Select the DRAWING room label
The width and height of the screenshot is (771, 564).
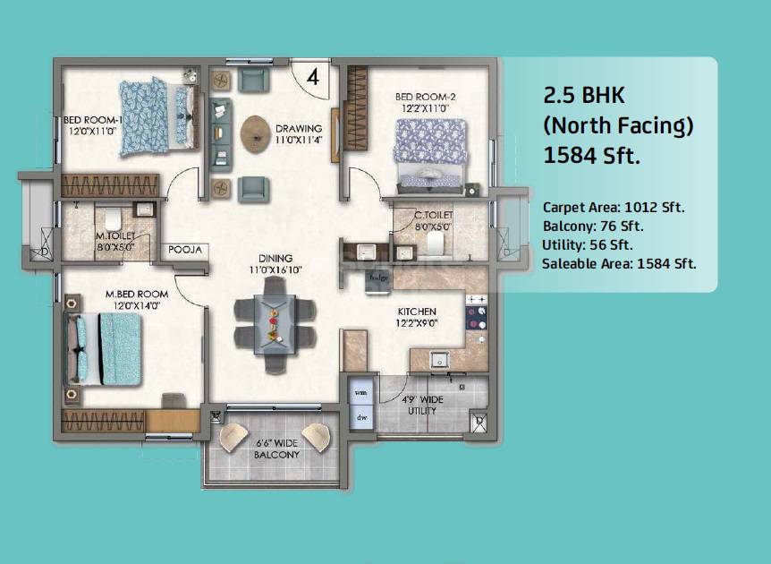pos(298,128)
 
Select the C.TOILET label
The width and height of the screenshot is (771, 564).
pos(433,216)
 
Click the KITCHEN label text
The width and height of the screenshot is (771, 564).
pos(417,312)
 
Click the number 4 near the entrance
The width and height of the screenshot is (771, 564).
pos(312,77)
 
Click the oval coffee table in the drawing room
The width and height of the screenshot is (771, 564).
pos(255,132)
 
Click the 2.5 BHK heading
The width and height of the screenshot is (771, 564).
pos(587,97)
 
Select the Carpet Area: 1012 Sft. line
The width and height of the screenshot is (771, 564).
pos(614,208)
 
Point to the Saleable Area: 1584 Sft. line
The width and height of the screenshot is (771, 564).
pos(619,263)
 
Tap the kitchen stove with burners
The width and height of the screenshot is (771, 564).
pos(475,313)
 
